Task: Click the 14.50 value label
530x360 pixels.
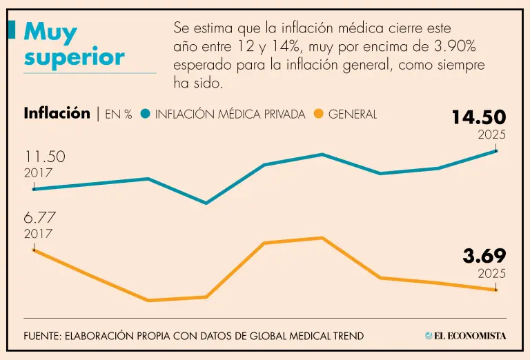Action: (x=479, y=117)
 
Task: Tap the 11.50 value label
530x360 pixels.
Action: (x=45, y=157)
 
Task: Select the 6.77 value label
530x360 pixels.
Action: (x=39, y=218)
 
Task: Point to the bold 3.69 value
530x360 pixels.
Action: (x=484, y=256)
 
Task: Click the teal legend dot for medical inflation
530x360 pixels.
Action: (x=146, y=114)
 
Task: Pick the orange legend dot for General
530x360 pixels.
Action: (x=318, y=114)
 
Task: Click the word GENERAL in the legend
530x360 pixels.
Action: (x=353, y=114)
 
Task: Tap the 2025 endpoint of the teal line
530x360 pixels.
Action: (x=496, y=150)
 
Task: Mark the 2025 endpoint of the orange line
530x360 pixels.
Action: (x=496, y=290)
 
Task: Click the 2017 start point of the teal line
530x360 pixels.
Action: (x=34, y=189)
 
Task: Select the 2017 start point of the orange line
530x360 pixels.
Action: (x=34, y=250)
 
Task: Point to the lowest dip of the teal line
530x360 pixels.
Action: (x=206, y=203)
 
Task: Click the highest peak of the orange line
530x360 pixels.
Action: (x=322, y=238)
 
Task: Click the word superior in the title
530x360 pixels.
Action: (x=75, y=57)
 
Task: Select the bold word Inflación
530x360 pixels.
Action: (x=57, y=114)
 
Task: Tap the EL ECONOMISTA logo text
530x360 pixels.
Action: (x=470, y=336)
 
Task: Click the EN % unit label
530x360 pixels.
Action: (x=118, y=114)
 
